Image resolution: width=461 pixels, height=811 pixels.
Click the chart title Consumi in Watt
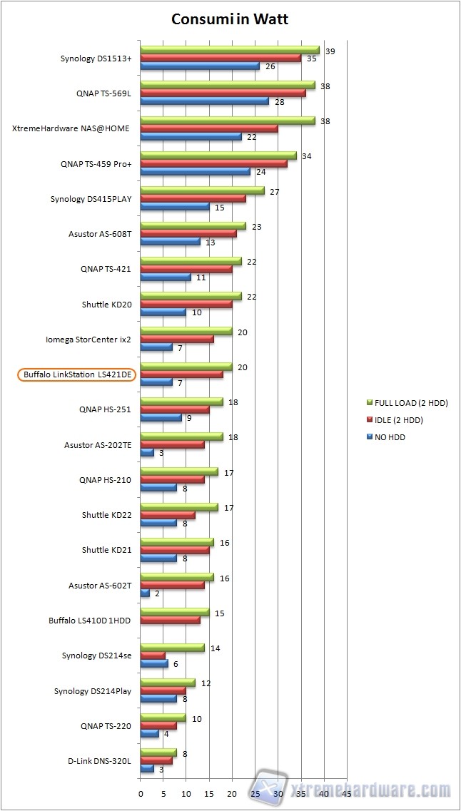pyautogui.click(x=230, y=19)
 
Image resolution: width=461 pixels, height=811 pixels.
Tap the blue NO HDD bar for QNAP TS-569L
pyautogui.click(x=203, y=101)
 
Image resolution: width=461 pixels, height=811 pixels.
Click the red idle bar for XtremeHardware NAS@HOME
pyautogui.click(x=208, y=128)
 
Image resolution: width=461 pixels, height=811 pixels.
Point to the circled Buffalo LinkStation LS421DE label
pyautogui.click(x=77, y=374)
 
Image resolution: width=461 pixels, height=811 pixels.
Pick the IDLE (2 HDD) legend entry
pyautogui.click(x=403, y=420)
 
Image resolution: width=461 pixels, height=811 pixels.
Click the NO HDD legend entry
pyautogui.click(x=390, y=437)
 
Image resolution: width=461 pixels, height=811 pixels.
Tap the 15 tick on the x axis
pyautogui.click(x=209, y=792)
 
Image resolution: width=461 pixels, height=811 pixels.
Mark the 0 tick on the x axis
pyautogui.click(x=141, y=792)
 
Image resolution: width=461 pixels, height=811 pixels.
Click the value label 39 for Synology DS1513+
pyautogui.click(x=330, y=51)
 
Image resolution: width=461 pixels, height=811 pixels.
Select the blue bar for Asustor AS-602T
pyautogui.click(x=145, y=593)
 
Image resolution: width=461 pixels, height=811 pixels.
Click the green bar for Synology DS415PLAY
pyautogui.click(x=202, y=190)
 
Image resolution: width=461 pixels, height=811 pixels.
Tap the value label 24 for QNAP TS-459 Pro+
pyautogui.click(x=260, y=172)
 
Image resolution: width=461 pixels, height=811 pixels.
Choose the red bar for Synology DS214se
pyautogui.click(x=153, y=655)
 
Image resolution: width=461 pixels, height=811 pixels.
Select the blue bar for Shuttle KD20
pyautogui.click(x=163, y=312)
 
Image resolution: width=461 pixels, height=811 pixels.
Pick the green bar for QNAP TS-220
pyautogui.click(x=163, y=718)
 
